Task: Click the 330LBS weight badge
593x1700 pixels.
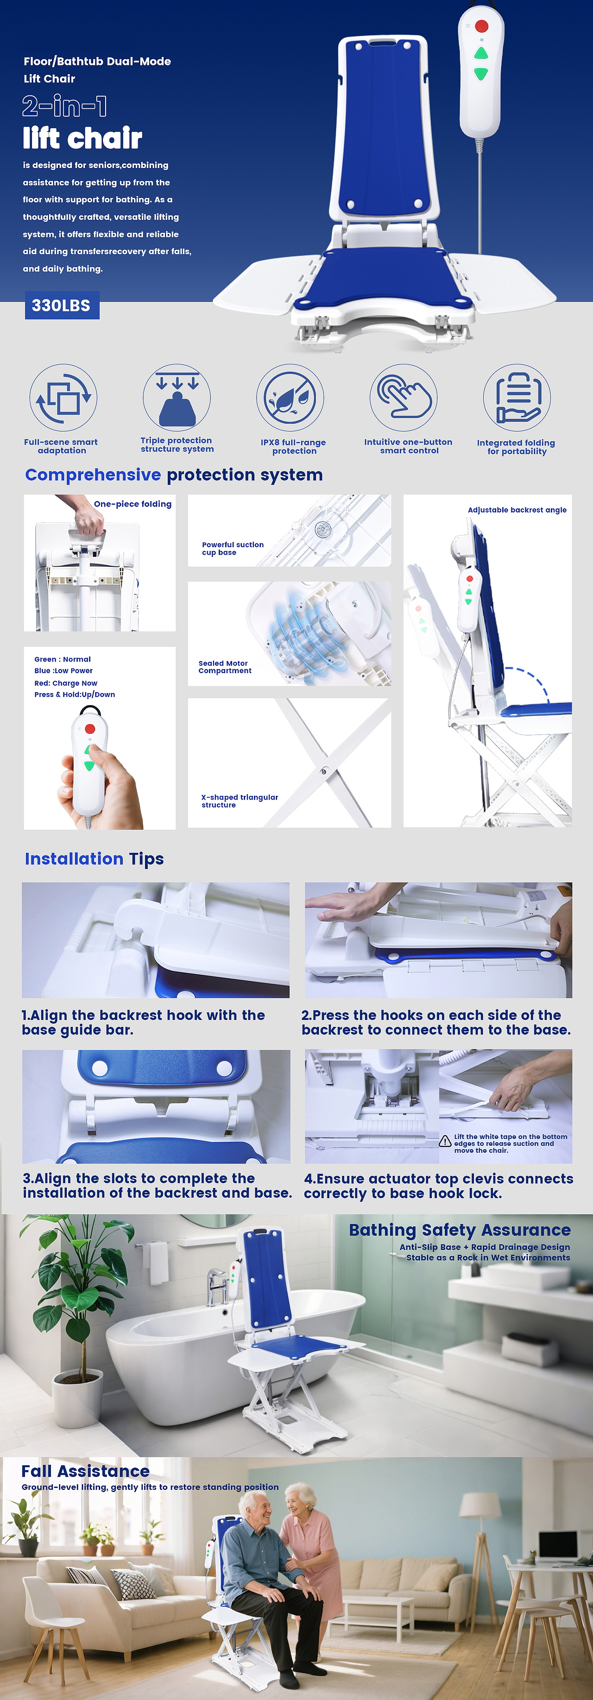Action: click(x=62, y=306)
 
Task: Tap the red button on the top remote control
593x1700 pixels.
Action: click(x=481, y=26)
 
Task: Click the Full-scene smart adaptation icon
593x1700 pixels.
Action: click(x=63, y=398)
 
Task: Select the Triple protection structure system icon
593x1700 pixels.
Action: click(x=177, y=398)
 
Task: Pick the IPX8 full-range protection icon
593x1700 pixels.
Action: click(x=290, y=398)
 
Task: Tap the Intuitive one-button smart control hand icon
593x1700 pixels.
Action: click(x=404, y=398)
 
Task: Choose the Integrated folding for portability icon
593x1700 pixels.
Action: click(x=517, y=398)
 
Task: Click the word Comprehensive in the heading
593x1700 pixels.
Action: click(x=93, y=475)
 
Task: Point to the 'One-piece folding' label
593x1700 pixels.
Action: click(x=133, y=504)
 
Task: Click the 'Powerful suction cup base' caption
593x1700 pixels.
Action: click(x=233, y=549)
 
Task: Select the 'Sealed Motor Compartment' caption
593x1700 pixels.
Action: click(x=225, y=667)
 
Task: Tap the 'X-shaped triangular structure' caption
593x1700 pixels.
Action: click(x=240, y=801)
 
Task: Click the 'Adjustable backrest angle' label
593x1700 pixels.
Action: click(x=517, y=510)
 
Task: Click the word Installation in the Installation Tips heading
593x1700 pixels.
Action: click(x=74, y=859)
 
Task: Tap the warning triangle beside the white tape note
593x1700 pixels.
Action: click(x=446, y=1142)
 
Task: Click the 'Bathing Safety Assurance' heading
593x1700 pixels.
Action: click(x=460, y=1230)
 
